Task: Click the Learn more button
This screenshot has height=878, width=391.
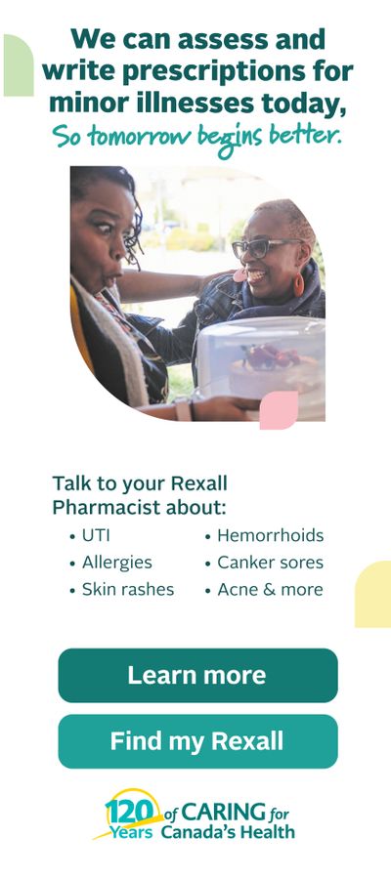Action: click(x=197, y=675)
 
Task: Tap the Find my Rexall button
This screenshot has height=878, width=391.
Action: click(x=197, y=741)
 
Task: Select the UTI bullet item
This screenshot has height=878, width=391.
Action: click(x=90, y=536)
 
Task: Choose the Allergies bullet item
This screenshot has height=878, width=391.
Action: click(x=110, y=563)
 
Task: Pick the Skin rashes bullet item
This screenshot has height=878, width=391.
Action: click(x=121, y=590)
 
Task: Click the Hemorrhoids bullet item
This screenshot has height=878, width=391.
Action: click(x=264, y=536)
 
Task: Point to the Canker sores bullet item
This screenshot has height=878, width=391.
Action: click(x=264, y=563)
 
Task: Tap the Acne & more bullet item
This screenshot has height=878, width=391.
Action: click(x=264, y=590)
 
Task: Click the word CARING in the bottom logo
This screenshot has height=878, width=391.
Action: click(x=224, y=812)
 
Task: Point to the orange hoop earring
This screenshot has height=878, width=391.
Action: click(x=299, y=284)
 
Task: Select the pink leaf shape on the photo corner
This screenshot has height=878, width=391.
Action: click(x=279, y=410)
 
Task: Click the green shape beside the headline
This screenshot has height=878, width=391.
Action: click(x=19, y=65)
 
